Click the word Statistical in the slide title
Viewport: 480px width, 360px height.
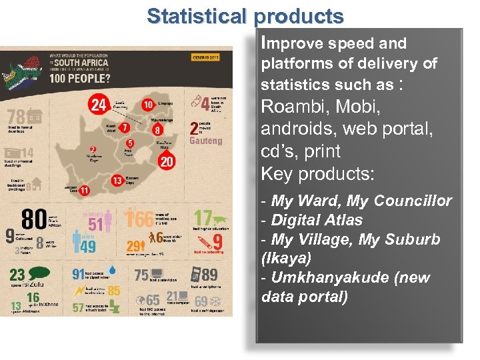pos(196,16)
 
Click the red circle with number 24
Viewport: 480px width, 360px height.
pos(99,104)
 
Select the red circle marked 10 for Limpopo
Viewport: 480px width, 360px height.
pos(148,105)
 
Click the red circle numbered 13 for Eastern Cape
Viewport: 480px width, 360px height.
pos(117,180)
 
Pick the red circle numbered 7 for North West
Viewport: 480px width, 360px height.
pos(125,127)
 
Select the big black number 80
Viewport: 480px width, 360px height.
pos(33,219)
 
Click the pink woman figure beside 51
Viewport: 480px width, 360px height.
pos(109,222)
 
